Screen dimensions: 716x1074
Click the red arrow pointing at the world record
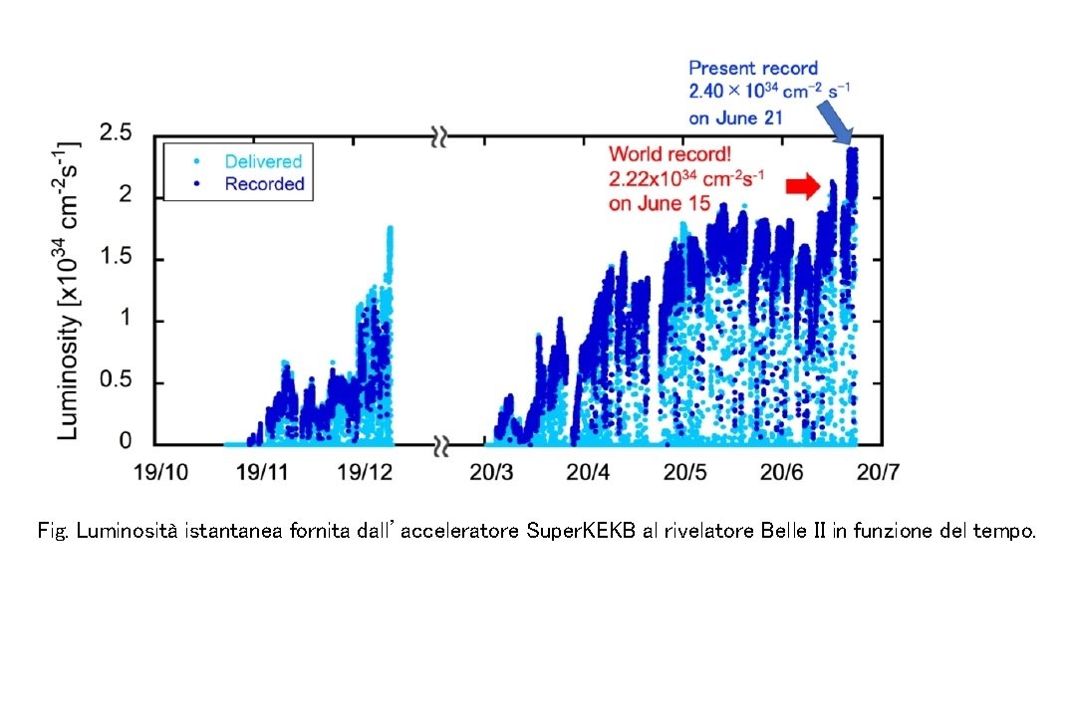coord(801,186)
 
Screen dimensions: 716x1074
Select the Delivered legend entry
coord(263,160)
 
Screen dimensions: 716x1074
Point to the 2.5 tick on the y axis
coord(118,134)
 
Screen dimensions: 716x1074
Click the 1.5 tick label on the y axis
coord(118,259)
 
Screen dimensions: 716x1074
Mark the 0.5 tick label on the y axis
coord(118,382)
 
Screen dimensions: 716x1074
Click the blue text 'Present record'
coord(753,69)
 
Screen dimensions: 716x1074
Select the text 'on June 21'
coord(736,118)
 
